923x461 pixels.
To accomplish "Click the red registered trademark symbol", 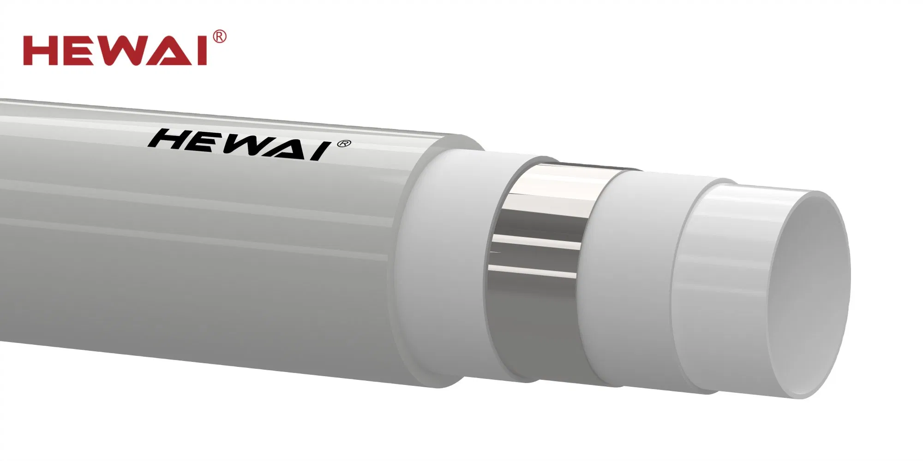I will coord(220,37).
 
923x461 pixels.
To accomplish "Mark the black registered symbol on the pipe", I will coord(345,144).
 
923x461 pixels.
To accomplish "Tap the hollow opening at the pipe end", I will coord(812,295).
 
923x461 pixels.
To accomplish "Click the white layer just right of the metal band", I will coord(632,277).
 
